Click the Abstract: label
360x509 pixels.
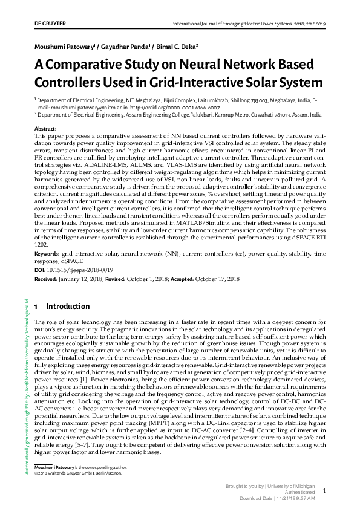point(45,129)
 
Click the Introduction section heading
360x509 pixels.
point(68,306)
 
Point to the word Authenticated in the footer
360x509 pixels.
point(307,492)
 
